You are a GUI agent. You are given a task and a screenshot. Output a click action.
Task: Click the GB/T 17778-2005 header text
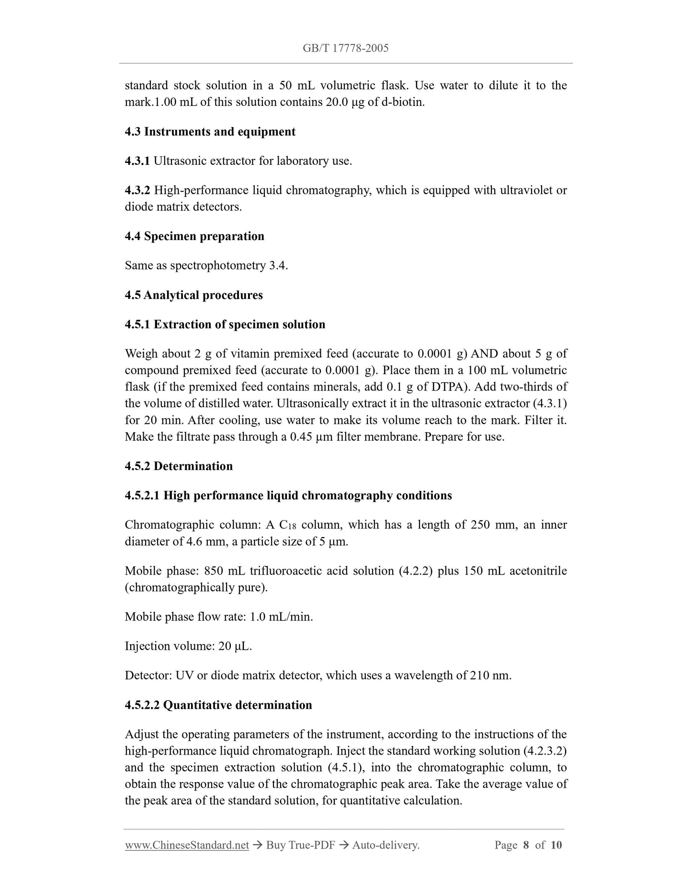pos(345,48)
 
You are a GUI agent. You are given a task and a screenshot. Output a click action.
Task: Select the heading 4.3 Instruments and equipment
pos(210,132)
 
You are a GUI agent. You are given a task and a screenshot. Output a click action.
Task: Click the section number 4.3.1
pos(137,161)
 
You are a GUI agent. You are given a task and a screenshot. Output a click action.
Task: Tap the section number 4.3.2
pos(137,190)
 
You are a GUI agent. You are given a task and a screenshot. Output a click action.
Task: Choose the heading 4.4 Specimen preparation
pos(194,236)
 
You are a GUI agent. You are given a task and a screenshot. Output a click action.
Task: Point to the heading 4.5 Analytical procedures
pos(193,295)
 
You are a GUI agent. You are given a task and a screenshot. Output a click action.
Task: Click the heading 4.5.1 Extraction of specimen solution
pos(225,324)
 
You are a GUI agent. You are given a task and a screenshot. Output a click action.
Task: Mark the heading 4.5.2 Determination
pos(179,466)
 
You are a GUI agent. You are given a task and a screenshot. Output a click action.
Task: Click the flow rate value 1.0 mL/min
pos(281,617)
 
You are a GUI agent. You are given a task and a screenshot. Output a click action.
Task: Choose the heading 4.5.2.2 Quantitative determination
pos(218,705)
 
